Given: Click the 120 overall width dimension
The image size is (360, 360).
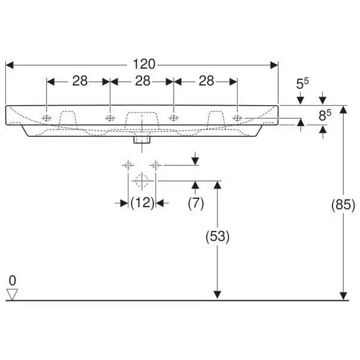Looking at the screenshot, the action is tap(144, 64).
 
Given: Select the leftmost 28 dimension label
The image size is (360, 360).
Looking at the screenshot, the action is tap(80, 81).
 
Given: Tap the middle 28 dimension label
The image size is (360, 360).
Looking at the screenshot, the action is tap(143, 81).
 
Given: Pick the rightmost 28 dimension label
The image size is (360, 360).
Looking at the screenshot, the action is tap(207, 81).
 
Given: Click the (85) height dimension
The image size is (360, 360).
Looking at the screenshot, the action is tap(343, 205).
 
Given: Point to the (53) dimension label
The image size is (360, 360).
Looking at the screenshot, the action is tap(217, 236).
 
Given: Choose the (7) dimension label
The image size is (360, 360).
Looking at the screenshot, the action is tap(196, 203).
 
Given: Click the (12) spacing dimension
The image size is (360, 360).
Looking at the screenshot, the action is tap(142, 203).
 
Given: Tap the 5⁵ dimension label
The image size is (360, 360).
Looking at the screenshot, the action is tap(302, 84).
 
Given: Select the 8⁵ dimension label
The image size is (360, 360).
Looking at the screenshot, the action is tap(325, 115).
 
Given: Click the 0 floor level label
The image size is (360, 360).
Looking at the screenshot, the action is tap(13, 281).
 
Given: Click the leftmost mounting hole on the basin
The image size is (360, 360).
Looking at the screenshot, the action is tap(47, 118).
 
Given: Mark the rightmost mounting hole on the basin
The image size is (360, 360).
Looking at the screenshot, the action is tap(237, 118).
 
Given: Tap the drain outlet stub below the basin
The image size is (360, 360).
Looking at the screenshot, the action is tap(142, 140).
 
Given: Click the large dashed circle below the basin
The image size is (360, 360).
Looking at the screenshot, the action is tap(142, 181).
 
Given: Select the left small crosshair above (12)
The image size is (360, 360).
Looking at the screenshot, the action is tap(128, 165).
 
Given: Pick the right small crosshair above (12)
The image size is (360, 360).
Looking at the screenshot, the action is tap(156, 165).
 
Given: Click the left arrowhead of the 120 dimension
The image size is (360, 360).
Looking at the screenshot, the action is tap(10, 65).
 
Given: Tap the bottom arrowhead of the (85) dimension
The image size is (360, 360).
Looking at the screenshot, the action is tap(343, 296).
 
